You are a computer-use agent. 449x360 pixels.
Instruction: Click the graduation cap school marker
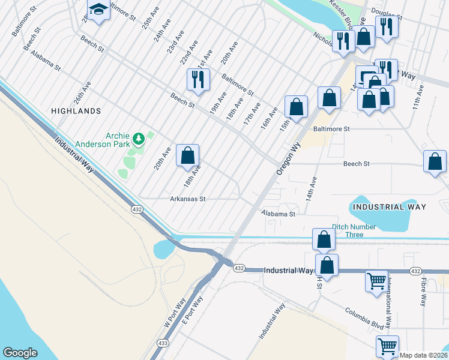click(x=98, y=11)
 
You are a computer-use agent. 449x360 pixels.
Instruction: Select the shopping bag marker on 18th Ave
click(x=188, y=157)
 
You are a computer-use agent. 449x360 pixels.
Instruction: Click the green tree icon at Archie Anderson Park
click(x=139, y=139)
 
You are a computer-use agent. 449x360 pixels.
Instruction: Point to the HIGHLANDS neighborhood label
click(x=76, y=111)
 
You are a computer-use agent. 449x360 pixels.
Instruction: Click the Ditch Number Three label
click(x=354, y=230)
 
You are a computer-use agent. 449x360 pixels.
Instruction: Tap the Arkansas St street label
click(x=188, y=199)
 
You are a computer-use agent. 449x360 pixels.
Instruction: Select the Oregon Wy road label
click(x=289, y=158)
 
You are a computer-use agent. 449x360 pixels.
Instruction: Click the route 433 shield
click(x=163, y=343)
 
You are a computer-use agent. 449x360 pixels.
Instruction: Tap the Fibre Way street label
click(x=423, y=292)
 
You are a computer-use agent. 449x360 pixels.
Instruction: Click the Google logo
click(x=20, y=352)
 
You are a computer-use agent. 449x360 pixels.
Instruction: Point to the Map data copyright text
click(x=423, y=355)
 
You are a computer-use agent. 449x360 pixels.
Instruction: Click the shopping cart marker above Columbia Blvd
click(x=376, y=280)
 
